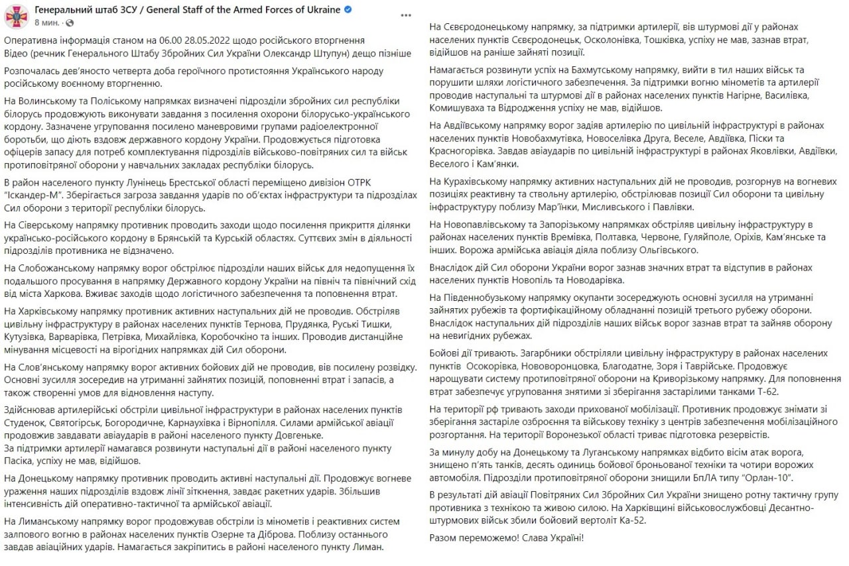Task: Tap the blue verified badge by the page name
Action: tap(348, 10)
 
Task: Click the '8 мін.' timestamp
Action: tap(46, 23)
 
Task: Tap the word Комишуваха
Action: tap(460, 107)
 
